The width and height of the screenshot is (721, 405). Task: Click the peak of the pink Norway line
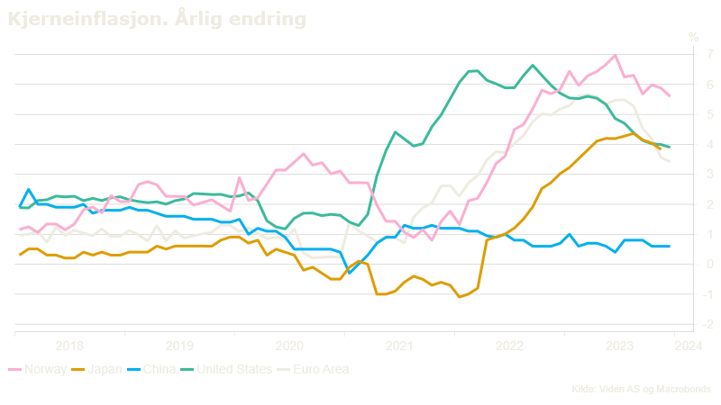click(x=615, y=55)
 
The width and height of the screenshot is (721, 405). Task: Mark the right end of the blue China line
click(x=669, y=247)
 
